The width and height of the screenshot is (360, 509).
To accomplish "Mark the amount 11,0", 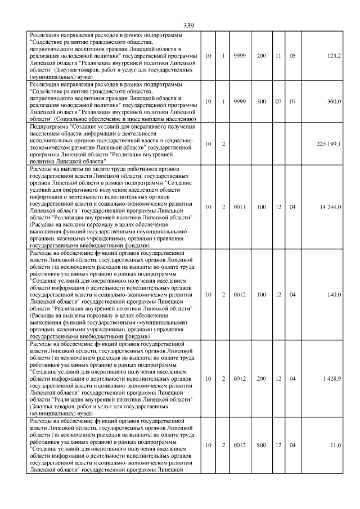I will click(x=336, y=445).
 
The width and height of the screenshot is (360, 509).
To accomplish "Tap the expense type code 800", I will click(x=262, y=445).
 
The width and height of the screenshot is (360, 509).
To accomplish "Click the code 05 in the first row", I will click(x=292, y=56).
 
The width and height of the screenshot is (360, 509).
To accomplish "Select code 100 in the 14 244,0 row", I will click(x=262, y=207).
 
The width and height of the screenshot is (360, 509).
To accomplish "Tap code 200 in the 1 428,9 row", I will click(x=262, y=379).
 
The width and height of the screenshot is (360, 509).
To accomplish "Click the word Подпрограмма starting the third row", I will click(x=46, y=128).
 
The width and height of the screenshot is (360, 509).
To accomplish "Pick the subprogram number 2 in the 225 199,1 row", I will click(x=223, y=145).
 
